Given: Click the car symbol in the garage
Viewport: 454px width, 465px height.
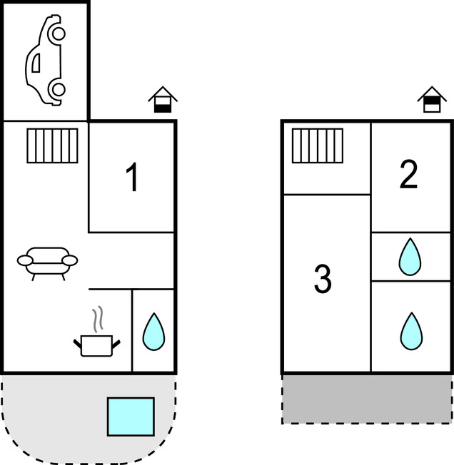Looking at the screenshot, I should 46,61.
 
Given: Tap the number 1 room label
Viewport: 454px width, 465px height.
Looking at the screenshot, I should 131,178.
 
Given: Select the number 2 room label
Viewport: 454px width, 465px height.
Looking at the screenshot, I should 408,175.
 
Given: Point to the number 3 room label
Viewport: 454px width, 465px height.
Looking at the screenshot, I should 323,279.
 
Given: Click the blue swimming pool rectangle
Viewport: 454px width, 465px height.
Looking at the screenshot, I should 131,417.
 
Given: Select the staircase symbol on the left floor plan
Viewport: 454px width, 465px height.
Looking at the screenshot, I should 52,145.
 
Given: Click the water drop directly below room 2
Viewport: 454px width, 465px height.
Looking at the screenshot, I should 409,257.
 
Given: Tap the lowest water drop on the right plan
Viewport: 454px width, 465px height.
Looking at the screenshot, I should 410,331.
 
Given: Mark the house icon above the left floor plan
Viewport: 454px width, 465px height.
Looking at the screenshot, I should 163,100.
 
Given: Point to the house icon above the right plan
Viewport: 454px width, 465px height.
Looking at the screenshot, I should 431,100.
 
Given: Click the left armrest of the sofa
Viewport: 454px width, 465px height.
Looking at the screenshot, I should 24,261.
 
